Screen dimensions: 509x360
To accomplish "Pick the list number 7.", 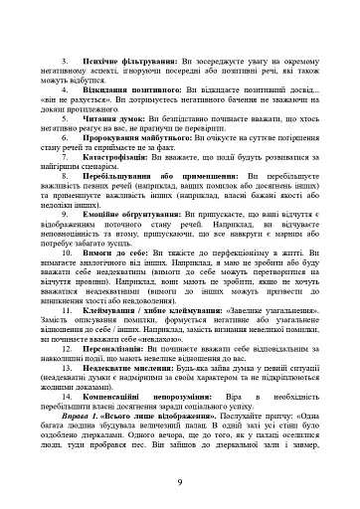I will click(65, 177).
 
